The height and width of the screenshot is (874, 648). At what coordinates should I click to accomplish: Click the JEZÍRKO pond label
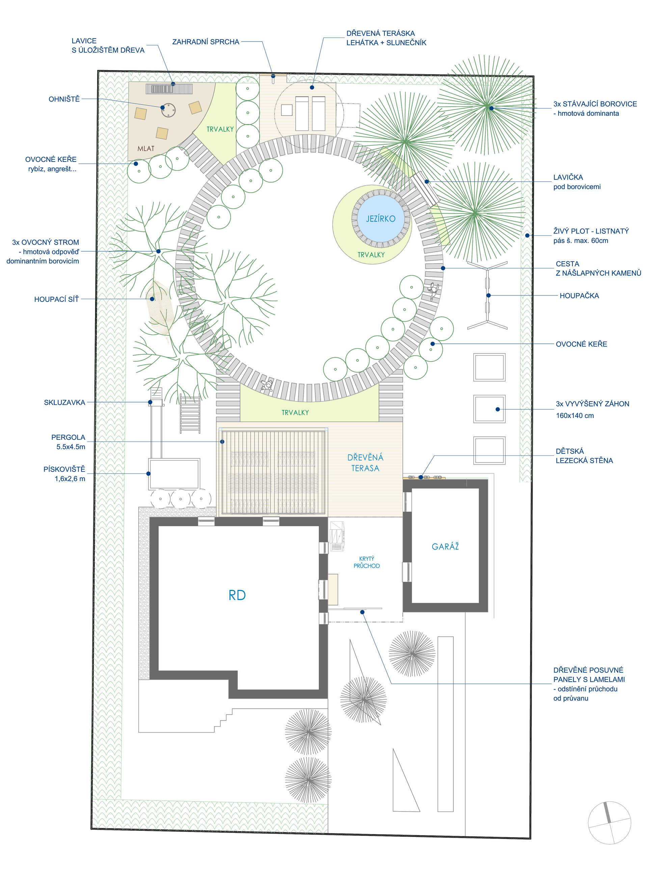click(x=380, y=219)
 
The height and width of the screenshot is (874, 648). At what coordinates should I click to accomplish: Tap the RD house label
click(x=237, y=595)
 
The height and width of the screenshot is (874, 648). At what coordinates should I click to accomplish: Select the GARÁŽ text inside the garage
click(x=445, y=546)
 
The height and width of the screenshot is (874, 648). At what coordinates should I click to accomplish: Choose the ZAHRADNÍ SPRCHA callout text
click(x=206, y=42)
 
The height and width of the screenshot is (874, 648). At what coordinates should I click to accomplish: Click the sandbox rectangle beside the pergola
click(x=174, y=474)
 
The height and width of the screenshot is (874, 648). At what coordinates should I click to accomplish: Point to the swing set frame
click(x=488, y=295)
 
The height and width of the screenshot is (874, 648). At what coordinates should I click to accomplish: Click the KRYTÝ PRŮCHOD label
click(x=367, y=562)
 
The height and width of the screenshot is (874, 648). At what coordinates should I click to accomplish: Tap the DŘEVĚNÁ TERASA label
click(x=365, y=462)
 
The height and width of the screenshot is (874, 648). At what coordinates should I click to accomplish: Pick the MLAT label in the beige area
click(x=145, y=148)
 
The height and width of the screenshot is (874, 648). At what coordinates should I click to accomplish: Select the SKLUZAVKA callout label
click(x=64, y=402)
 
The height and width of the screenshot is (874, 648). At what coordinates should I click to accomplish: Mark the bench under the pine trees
click(x=425, y=189)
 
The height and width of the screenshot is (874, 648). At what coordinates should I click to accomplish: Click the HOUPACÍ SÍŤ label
click(x=56, y=300)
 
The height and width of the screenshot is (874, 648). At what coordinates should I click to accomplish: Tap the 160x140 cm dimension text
click(x=575, y=416)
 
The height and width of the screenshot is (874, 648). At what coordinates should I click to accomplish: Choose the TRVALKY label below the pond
click(x=371, y=255)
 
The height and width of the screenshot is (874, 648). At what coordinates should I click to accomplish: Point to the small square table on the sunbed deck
click(x=287, y=110)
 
